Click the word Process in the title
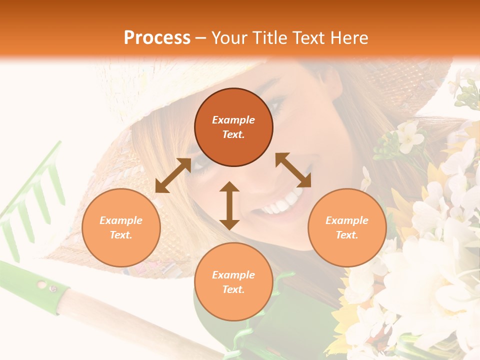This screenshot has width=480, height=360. (157, 38)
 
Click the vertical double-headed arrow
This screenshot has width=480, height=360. (229, 205)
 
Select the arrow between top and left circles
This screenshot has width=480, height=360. (173, 175)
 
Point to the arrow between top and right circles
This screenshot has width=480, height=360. (293, 170)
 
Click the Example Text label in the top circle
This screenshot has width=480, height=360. (233, 127)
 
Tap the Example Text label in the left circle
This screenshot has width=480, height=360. (121, 227)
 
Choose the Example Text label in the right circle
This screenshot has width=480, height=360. (347, 227)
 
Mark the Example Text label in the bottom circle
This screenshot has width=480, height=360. (233, 282)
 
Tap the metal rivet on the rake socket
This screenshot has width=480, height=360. (51, 288)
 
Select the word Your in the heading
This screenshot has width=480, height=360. (229, 38)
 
